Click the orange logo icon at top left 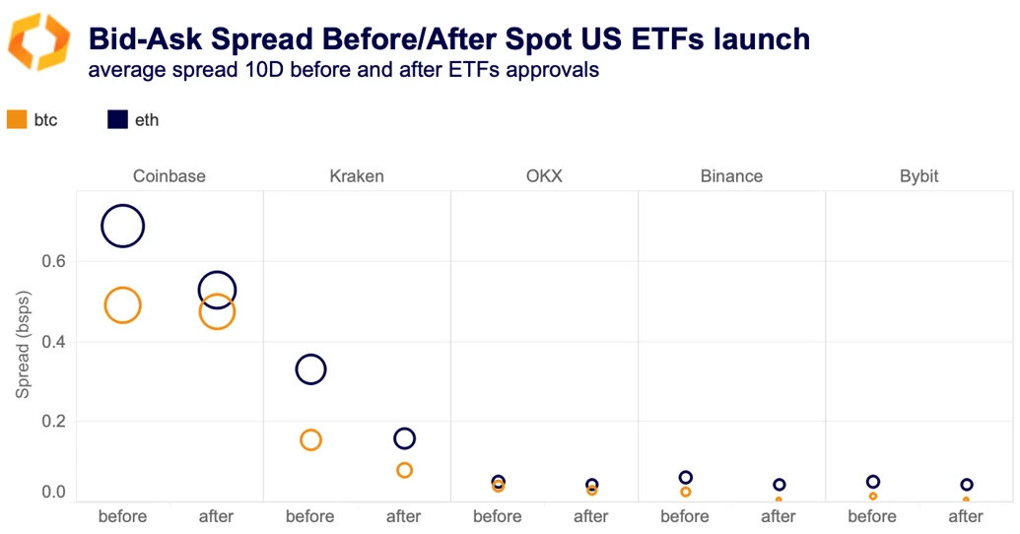39,41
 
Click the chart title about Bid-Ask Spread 449,39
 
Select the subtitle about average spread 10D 343,70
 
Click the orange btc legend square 17,120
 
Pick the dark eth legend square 117,120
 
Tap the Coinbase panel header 170,176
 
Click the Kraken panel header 357,176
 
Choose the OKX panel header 544,176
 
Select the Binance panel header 731,176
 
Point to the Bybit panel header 918,176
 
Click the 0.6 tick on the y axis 53,262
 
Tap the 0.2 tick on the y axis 53,422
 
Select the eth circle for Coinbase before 122,227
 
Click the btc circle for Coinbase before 122,305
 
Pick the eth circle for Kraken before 310,369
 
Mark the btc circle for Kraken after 404,470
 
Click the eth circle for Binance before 686,478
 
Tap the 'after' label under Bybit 965,516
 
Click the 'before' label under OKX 497,516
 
